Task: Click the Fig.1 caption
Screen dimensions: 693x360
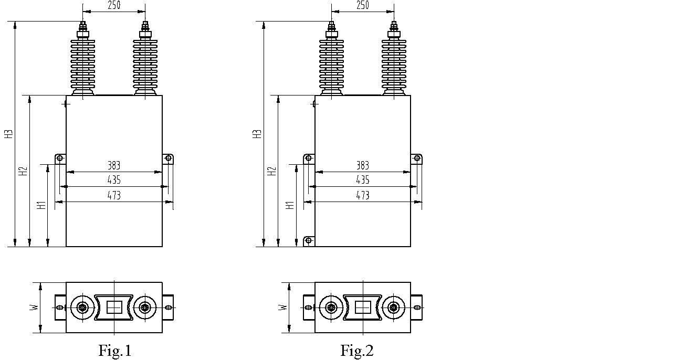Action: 115,351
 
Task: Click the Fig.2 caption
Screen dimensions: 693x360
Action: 357,351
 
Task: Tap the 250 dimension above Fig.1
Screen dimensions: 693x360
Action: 114,5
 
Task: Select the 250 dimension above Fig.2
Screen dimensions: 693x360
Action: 363,5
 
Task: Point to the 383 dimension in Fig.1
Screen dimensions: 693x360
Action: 114,165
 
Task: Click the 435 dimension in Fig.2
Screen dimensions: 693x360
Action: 363,179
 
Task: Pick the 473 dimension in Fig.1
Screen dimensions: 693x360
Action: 114,195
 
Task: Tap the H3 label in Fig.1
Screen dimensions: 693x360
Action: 9,134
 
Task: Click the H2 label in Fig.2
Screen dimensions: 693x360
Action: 271,171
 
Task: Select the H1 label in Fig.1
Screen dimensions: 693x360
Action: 41,205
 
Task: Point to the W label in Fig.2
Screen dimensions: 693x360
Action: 283,307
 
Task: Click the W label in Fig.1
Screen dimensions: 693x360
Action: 35,307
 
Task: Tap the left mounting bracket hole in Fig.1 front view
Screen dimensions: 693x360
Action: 60,158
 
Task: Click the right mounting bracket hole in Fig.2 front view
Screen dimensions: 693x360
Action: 417,158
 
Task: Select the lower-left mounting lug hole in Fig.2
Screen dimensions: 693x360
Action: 309,240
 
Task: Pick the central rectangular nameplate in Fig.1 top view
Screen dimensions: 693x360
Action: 114,308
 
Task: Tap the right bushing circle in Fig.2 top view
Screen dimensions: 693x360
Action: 393,308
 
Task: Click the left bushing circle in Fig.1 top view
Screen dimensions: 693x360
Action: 82,308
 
